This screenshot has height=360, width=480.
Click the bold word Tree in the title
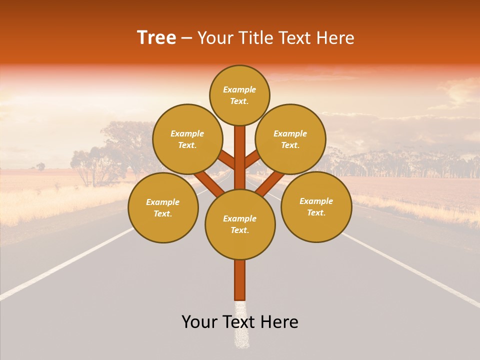(156, 38)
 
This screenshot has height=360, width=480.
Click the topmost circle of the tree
(239, 95)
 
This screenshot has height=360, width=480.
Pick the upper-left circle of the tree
(187, 139)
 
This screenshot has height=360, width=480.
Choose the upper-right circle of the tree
(290, 139)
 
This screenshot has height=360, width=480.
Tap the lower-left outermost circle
(163, 207)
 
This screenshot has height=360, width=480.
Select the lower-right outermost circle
(316, 206)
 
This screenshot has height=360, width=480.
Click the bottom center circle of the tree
(240, 224)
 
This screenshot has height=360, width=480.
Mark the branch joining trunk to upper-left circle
(227, 160)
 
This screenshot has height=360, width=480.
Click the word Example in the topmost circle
(239, 89)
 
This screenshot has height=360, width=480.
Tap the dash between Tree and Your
(186, 38)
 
